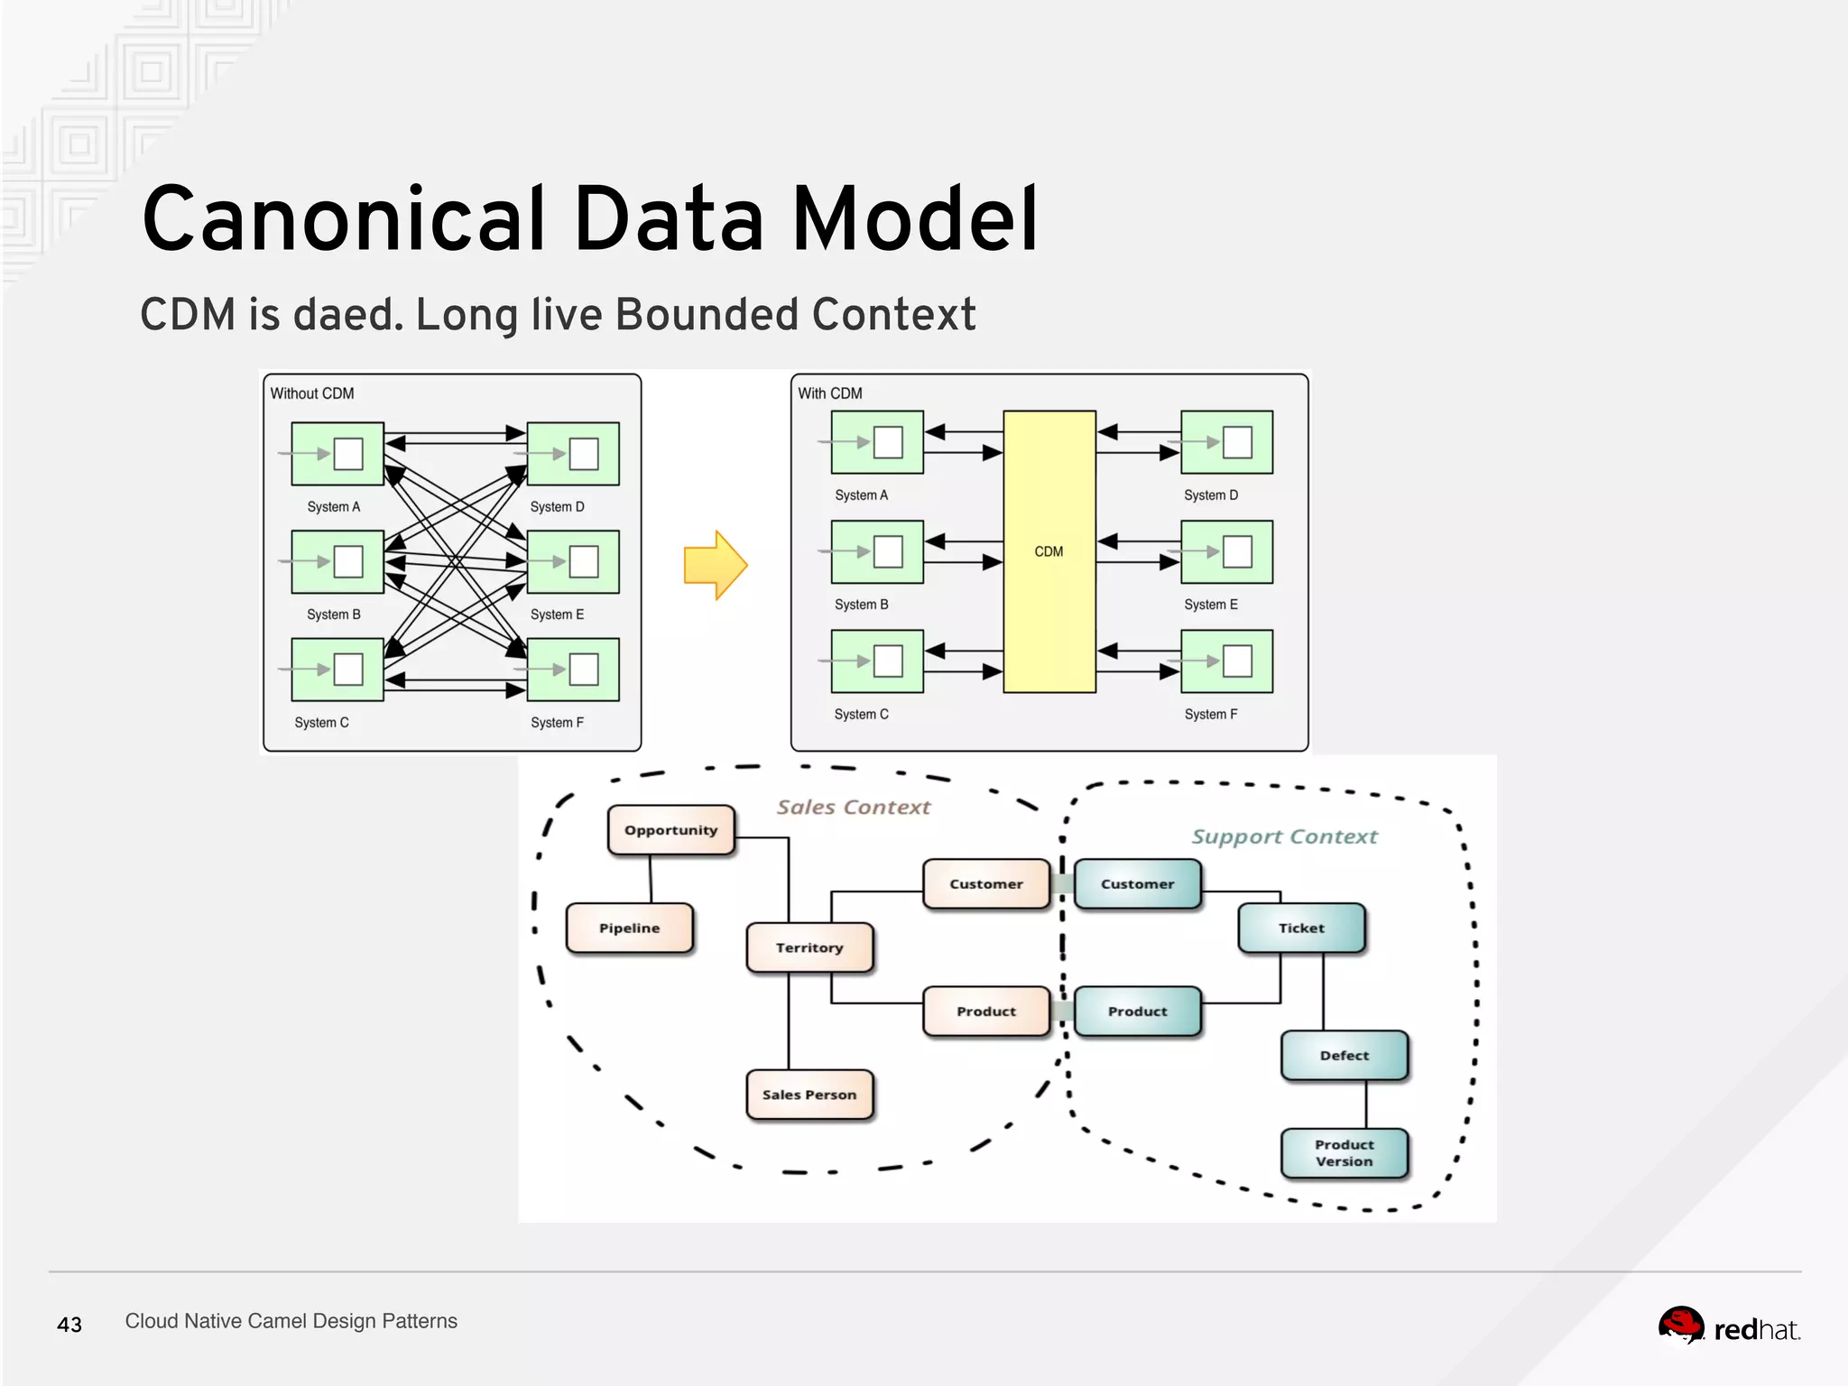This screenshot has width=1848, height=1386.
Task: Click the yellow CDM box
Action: [1049, 551]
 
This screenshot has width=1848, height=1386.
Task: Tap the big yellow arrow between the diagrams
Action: [716, 566]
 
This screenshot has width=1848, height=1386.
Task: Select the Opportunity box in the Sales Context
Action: [670, 830]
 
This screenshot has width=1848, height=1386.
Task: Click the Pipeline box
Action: [630, 929]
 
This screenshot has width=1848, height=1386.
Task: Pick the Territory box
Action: [809, 947]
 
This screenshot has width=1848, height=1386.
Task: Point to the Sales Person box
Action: [809, 1095]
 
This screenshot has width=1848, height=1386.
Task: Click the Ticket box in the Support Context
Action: [1301, 929]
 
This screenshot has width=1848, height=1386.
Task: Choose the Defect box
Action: [1344, 1056]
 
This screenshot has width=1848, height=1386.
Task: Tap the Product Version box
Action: [1344, 1153]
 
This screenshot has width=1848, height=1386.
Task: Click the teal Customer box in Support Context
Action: [1137, 884]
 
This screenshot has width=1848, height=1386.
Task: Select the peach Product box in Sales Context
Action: [986, 1012]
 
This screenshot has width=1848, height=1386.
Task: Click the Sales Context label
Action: [853, 808]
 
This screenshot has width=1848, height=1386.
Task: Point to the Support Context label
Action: [1284, 837]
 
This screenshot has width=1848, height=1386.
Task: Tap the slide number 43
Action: [69, 1325]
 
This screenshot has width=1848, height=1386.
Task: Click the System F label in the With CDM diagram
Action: [1210, 715]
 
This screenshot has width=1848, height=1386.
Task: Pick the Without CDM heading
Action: [312, 393]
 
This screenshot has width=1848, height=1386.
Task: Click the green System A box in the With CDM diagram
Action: [877, 442]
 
